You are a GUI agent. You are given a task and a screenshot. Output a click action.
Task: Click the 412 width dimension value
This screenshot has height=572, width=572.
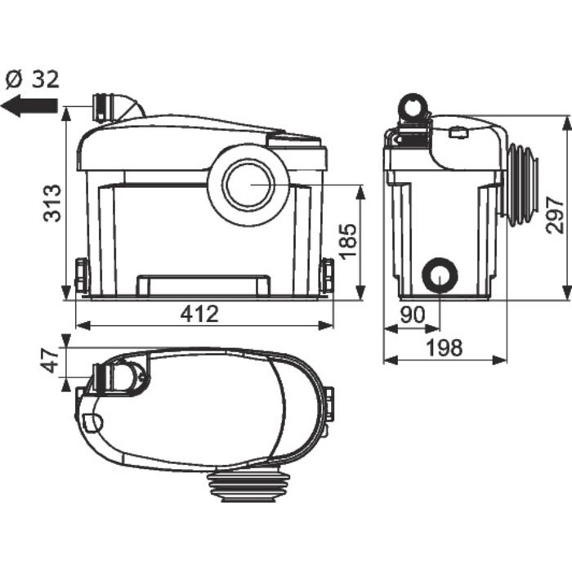(x=200, y=314)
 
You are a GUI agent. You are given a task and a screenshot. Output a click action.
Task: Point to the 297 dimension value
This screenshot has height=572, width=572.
(x=555, y=215)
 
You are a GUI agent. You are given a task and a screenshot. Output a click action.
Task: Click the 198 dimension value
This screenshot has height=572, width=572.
(x=445, y=347)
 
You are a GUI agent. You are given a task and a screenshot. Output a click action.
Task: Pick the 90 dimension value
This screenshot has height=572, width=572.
(x=413, y=315)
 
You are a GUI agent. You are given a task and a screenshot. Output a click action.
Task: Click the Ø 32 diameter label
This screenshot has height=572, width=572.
(x=33, y=79)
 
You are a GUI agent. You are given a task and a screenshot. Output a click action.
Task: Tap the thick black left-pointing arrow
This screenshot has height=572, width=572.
(x=29, y=106)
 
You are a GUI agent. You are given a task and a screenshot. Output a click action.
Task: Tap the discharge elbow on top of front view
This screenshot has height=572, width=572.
(x=117, y=107)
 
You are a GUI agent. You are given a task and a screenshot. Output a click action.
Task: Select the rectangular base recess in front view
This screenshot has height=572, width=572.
(x=203, y=285)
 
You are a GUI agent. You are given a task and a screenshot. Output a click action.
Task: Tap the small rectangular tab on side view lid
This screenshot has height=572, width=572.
(x=459, y=132)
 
